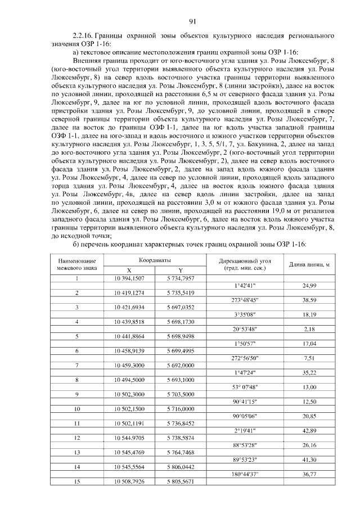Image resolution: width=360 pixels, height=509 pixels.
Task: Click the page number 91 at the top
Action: pyautogui.click(x=192, y=22)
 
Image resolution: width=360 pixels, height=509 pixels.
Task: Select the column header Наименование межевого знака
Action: pyautogui.click(x=77, y=264)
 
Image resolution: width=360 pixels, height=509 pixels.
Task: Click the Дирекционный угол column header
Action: pyautogui.click(x=245, y=264)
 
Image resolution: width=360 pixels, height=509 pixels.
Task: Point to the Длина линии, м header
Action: pyautogui.click(x=309, y=264)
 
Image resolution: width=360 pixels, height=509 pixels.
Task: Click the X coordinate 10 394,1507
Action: pyautogui.click(x=129, y=279)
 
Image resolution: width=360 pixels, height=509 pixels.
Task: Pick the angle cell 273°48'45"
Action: pyautogui.click(x=245, y=300)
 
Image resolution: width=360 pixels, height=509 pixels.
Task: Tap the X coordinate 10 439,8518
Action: pyautogui.click(x=129, y=322)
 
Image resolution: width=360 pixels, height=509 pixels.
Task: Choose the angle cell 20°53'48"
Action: pyautogui.click(x=245, y=328)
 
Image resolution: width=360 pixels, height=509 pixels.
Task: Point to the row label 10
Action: pyautogui.click(x=77, y=409)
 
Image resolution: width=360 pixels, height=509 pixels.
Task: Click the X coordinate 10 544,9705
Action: pyautogui.click(x=129, y=437)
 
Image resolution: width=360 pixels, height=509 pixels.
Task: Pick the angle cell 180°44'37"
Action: pyautogui.click(x=245, y=474)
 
